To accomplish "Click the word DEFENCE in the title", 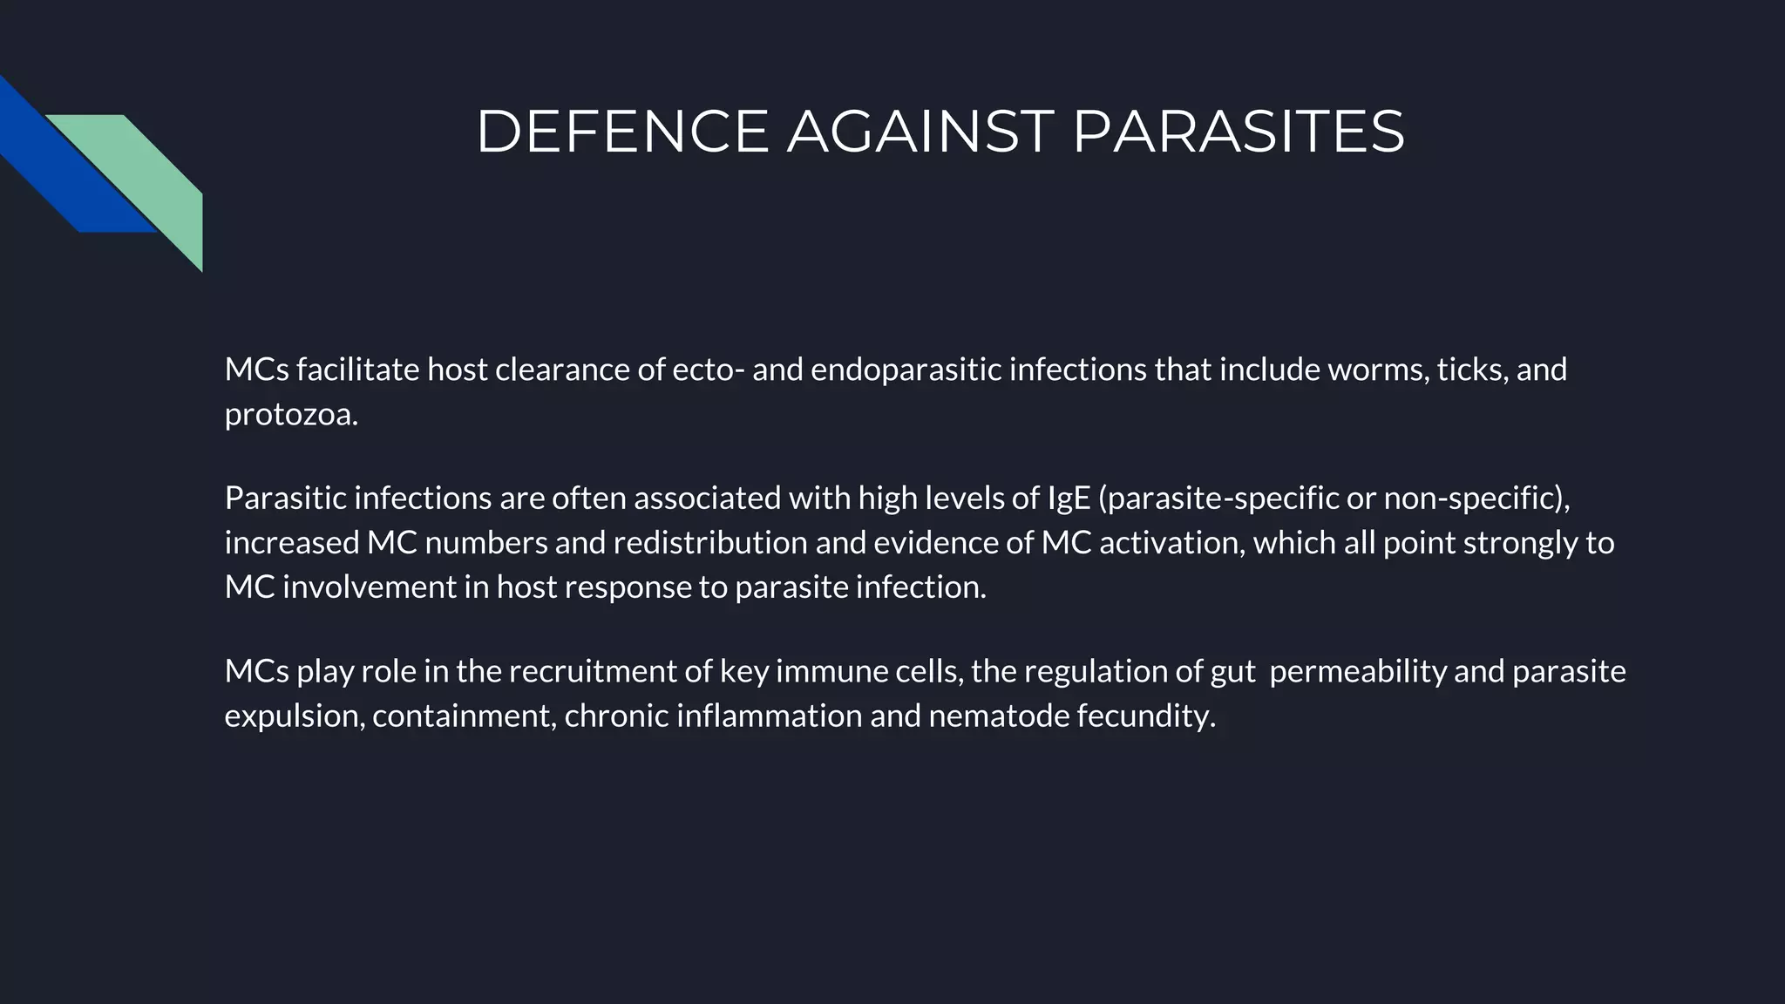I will point(621,132).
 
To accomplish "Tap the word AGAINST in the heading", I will point(920,132).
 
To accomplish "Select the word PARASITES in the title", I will point(1238,132).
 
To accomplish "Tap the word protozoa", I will point(291,415).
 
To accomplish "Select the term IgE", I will point(1069,499).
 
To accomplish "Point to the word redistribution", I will point(710,543).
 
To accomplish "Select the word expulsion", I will point(295,716).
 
